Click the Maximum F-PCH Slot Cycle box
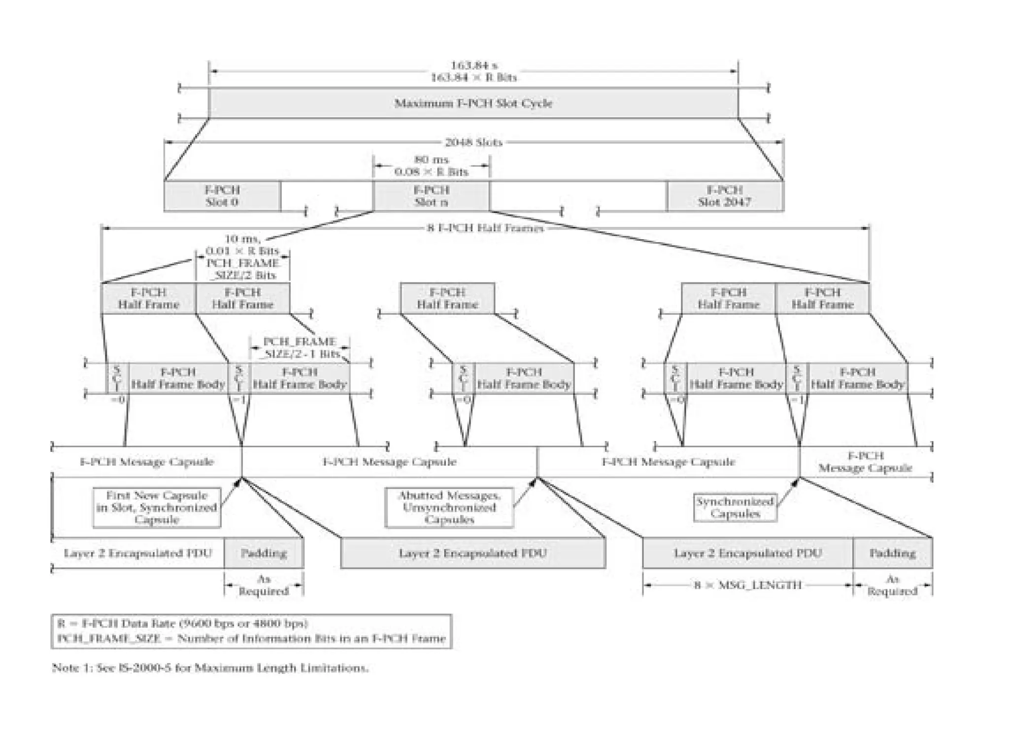pos(473,103)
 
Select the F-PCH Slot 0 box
pos(222,196)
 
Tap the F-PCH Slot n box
pos(431,196)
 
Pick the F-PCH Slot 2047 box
pos(724,196)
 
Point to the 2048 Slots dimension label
pos(473,143)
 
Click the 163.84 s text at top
pos(473,65)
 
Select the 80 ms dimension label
pos(431,160)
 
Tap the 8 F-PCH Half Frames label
pos(485,228)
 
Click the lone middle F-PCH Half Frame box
pos(447,298)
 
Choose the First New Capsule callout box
pos(157,507)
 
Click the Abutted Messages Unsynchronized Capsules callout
pos(449,507)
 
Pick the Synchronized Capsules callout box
pos(735,507)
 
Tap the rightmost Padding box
pos(892,553)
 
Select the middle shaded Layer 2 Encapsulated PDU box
pos(472,553)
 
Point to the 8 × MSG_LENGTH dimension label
pos(747,585)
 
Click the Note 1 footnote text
pos(210,668)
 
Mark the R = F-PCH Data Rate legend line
pos(183,624)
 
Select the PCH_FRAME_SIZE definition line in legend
pos(251,639)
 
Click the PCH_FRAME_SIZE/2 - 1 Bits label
pos(300,347)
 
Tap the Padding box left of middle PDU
pos(264,553)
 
